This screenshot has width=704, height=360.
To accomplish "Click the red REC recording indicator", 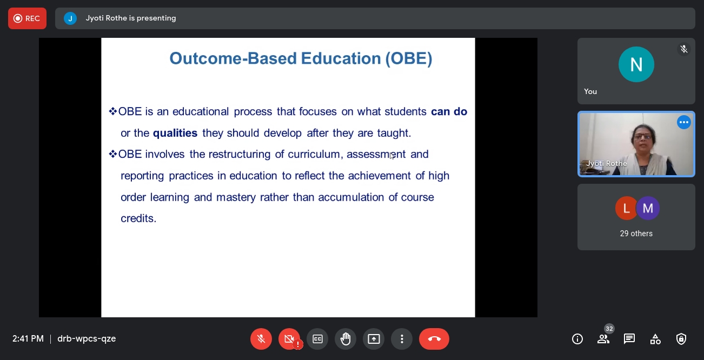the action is pos(28,18).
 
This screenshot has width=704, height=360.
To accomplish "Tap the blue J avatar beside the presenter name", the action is pos(70,18).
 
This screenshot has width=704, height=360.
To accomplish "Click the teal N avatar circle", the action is pos(636,64).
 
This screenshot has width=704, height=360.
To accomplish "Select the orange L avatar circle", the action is pos(626,208).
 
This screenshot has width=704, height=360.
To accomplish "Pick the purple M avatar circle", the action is pos(648,208).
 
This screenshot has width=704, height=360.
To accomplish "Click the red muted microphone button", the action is pos(261,339).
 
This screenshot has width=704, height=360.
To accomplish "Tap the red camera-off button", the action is pos(289,339).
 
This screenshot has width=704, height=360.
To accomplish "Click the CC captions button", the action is pos(317,339).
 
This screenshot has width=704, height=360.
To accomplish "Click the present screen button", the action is pos(374,339).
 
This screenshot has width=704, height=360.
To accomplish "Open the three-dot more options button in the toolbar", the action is pos(402,339).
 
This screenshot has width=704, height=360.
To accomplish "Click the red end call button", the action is pos(434,339).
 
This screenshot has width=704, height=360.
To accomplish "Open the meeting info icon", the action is pos(577,339).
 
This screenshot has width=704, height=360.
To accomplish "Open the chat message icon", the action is pos(629,339).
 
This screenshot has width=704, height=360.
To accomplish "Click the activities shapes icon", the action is pos(655,339).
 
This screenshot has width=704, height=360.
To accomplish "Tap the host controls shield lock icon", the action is pos(681,339).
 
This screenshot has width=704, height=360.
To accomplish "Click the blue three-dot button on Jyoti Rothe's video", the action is pos(684,122).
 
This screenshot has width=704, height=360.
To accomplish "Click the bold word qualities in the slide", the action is pos(175,133).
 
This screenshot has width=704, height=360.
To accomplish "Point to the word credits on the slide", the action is pos(138,218).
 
